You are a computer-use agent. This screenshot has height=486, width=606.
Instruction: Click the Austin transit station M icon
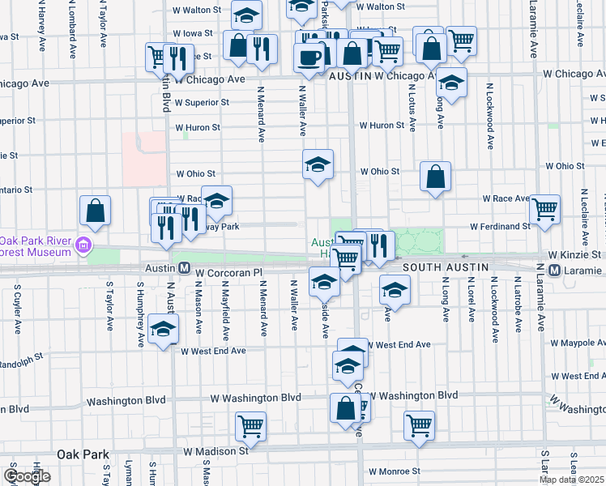pos(184,267)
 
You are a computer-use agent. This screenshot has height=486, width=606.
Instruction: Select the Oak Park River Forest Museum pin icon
pos(81,244)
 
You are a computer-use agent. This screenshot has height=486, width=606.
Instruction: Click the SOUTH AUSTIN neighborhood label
pos(445,266)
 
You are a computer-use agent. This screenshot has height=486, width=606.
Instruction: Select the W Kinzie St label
pos(574,254)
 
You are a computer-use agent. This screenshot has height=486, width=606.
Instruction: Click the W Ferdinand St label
pos(495,226)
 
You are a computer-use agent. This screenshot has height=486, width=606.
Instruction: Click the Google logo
pos(27,476)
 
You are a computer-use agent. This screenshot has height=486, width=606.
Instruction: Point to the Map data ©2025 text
pos(572,480)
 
